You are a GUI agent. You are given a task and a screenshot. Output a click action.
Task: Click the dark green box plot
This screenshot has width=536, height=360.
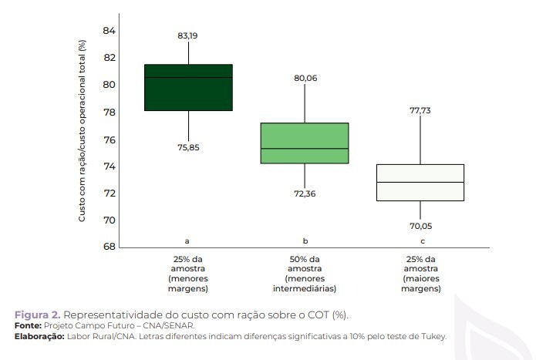coord(188,87)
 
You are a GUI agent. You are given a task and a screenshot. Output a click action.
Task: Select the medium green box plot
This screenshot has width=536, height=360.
coord(304,143)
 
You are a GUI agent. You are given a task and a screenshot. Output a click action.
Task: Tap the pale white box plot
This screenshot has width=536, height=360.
coord(420,182)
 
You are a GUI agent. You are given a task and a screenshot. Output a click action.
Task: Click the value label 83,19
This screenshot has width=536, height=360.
coord(188,35)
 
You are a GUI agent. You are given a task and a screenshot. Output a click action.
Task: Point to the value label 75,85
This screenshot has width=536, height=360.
coord(188,147)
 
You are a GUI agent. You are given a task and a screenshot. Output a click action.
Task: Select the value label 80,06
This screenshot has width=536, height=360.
coord(305,78)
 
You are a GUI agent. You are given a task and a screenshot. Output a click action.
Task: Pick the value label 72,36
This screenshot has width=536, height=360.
coord(305,193)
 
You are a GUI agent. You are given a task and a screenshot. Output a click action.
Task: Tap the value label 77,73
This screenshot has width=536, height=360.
coord(420,110)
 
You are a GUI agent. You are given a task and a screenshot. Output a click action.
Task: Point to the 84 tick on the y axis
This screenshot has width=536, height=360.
coord(108,31)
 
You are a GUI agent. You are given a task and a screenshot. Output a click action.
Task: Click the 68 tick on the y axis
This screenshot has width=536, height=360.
coord(108,247)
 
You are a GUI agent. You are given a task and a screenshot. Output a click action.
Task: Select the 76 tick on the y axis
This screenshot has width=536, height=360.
coord(108,140)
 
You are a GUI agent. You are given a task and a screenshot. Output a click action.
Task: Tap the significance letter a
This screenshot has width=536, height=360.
coord(188,241)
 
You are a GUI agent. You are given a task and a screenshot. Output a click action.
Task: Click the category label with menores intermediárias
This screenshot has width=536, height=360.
coord(305,274)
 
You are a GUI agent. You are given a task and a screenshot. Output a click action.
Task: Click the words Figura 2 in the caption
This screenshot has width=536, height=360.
coord(35,316)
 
